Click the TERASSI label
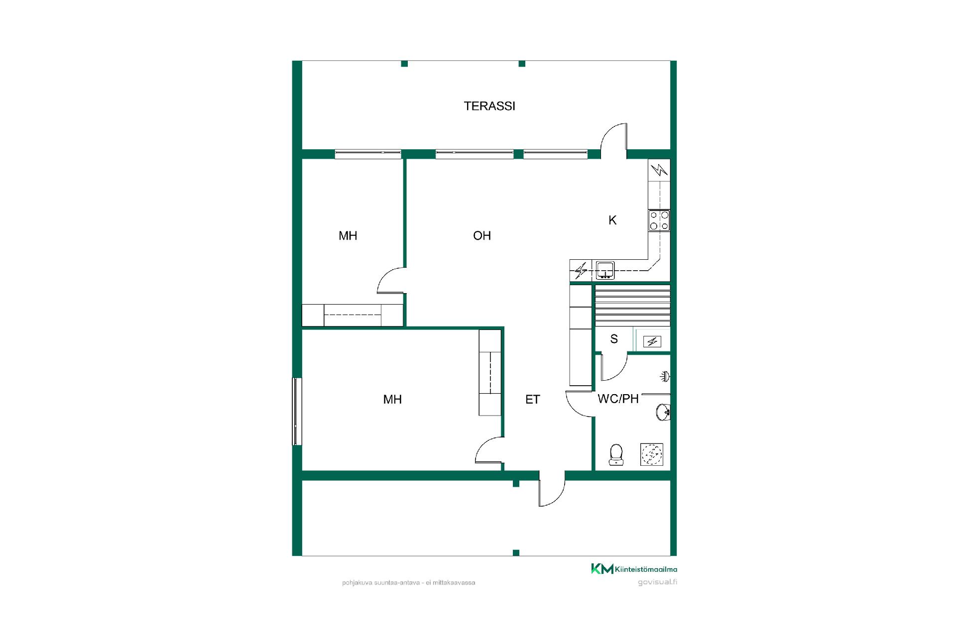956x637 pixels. pos(489,106)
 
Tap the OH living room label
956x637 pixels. pos(482,235)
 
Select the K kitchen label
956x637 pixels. pos(612,220)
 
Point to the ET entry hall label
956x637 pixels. pos(533,399)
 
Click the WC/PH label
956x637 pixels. pos(618,399)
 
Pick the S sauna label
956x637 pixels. pos(614,339)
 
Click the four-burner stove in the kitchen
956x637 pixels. pos(659,220)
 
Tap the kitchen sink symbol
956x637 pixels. pos(605,270)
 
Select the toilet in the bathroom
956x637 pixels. pos(616,454)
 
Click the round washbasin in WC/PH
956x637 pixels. pos(663,412)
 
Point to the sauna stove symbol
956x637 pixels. pos(652,341)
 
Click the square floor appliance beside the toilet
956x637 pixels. pos(652,454)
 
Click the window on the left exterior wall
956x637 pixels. pos(297,412)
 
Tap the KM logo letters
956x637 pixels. pos(602,569)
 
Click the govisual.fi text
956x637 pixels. pos(657,582)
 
